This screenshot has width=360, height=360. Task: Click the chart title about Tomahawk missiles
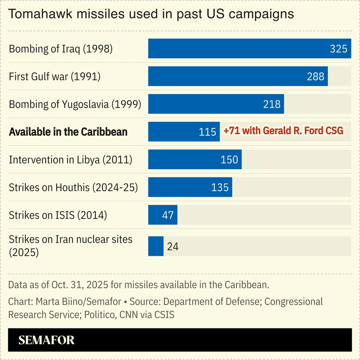coord(151,14)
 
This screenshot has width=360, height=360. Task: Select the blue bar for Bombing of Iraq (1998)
coord(237,49)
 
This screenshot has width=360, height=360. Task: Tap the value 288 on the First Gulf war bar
coord(315,76)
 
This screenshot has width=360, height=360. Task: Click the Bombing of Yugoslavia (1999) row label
coord(75,104)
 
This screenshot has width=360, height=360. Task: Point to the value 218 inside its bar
coord(272,104)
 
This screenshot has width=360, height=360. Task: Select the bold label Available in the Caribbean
coord(68,132)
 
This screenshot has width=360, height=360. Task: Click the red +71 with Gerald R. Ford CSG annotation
coord(283,131)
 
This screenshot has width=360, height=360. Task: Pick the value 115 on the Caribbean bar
coord(207,132)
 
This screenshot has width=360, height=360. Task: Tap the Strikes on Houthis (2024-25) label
coord(73,187)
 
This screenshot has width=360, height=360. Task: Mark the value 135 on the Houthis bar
coord(220,187)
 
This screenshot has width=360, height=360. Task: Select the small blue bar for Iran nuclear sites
coord(156,246)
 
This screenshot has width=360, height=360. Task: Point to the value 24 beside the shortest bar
coord(172,247)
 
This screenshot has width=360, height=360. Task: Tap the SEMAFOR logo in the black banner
coord(46,340)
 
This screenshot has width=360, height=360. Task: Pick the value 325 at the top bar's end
coord(338,49)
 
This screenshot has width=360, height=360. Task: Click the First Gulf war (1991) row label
coord(55,76)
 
